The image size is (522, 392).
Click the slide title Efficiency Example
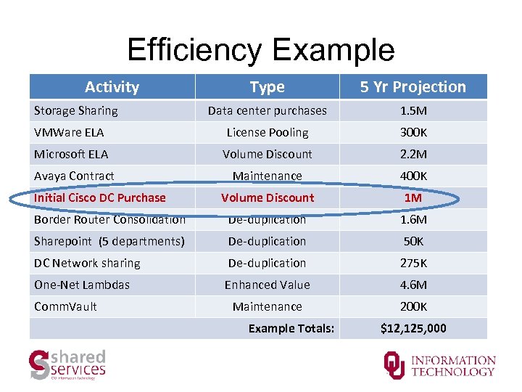point(261,50)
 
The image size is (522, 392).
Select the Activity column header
point(112,87)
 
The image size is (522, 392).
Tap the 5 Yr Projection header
point(413,87)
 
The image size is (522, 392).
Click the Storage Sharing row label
point(76,110)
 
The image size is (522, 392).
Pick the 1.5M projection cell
point(413,110)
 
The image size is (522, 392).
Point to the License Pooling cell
point(268,132)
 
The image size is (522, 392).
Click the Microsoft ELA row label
point(71,154)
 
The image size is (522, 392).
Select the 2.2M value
point(413,154)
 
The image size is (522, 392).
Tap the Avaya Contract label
point(74,176)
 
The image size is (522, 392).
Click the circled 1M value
point(413,197)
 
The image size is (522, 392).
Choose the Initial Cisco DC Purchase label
point(100,197)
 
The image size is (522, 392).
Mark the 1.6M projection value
point(413,219)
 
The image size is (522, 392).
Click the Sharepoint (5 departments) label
point(109,241)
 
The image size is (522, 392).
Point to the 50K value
point(413,241)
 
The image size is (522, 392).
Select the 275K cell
point(413,263)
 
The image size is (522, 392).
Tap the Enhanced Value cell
point(268,285)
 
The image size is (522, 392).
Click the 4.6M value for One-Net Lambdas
point(413,285)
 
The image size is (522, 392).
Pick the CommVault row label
point(65,306)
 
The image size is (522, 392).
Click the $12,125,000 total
point(413,329)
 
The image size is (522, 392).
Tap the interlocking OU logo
point(394,364)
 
